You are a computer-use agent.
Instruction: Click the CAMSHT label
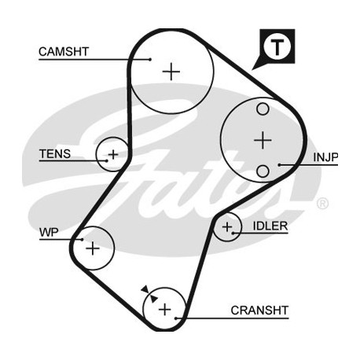coord(64,52)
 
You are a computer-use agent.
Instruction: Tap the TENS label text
coord(55,154)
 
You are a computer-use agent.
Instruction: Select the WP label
coord(49,233)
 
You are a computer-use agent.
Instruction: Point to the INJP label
coord(325,157)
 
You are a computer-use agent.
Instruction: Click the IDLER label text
coord(270,226)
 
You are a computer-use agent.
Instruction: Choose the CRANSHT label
coord(259,310)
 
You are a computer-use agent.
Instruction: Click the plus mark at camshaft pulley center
coord(171,72)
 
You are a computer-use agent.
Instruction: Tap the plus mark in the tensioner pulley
coord(113,155)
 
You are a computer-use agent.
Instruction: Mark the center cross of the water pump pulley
coord(93,248)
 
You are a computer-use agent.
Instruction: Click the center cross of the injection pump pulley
coord(263,140)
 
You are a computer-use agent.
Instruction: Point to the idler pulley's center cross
coord(227,227)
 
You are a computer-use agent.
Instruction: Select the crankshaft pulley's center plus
coord(165,310)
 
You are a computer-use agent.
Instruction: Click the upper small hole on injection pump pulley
coord(263,109)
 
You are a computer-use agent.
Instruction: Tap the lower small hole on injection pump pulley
coord(263,171)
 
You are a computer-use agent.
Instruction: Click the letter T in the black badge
coord(277,47)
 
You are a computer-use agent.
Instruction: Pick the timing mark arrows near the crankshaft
coord(149,294)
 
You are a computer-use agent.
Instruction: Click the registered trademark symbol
coord(322,204)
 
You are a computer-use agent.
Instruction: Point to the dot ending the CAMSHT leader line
coord(150,60)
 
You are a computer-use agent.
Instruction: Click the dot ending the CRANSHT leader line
coord(176,318)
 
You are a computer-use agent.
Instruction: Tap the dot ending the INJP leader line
coord(280,165)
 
